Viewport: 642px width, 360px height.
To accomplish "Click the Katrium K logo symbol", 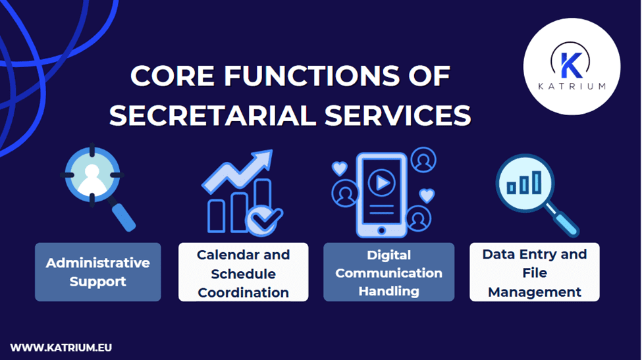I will click(x=570, y=64).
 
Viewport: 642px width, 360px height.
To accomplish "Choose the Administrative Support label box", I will click(x=97, y=272).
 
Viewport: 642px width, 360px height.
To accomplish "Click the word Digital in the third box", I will click(x=388, y=255).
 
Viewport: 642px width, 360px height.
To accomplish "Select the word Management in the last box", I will click(x=534, y=292).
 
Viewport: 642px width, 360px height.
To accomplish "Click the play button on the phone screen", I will click(x=381, y=183).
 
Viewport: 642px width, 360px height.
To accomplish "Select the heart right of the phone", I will click(x=427, y=195).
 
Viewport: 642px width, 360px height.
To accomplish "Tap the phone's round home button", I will click(x=381, y=230).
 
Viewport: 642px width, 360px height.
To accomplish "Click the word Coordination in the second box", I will click(x=243, y=292).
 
